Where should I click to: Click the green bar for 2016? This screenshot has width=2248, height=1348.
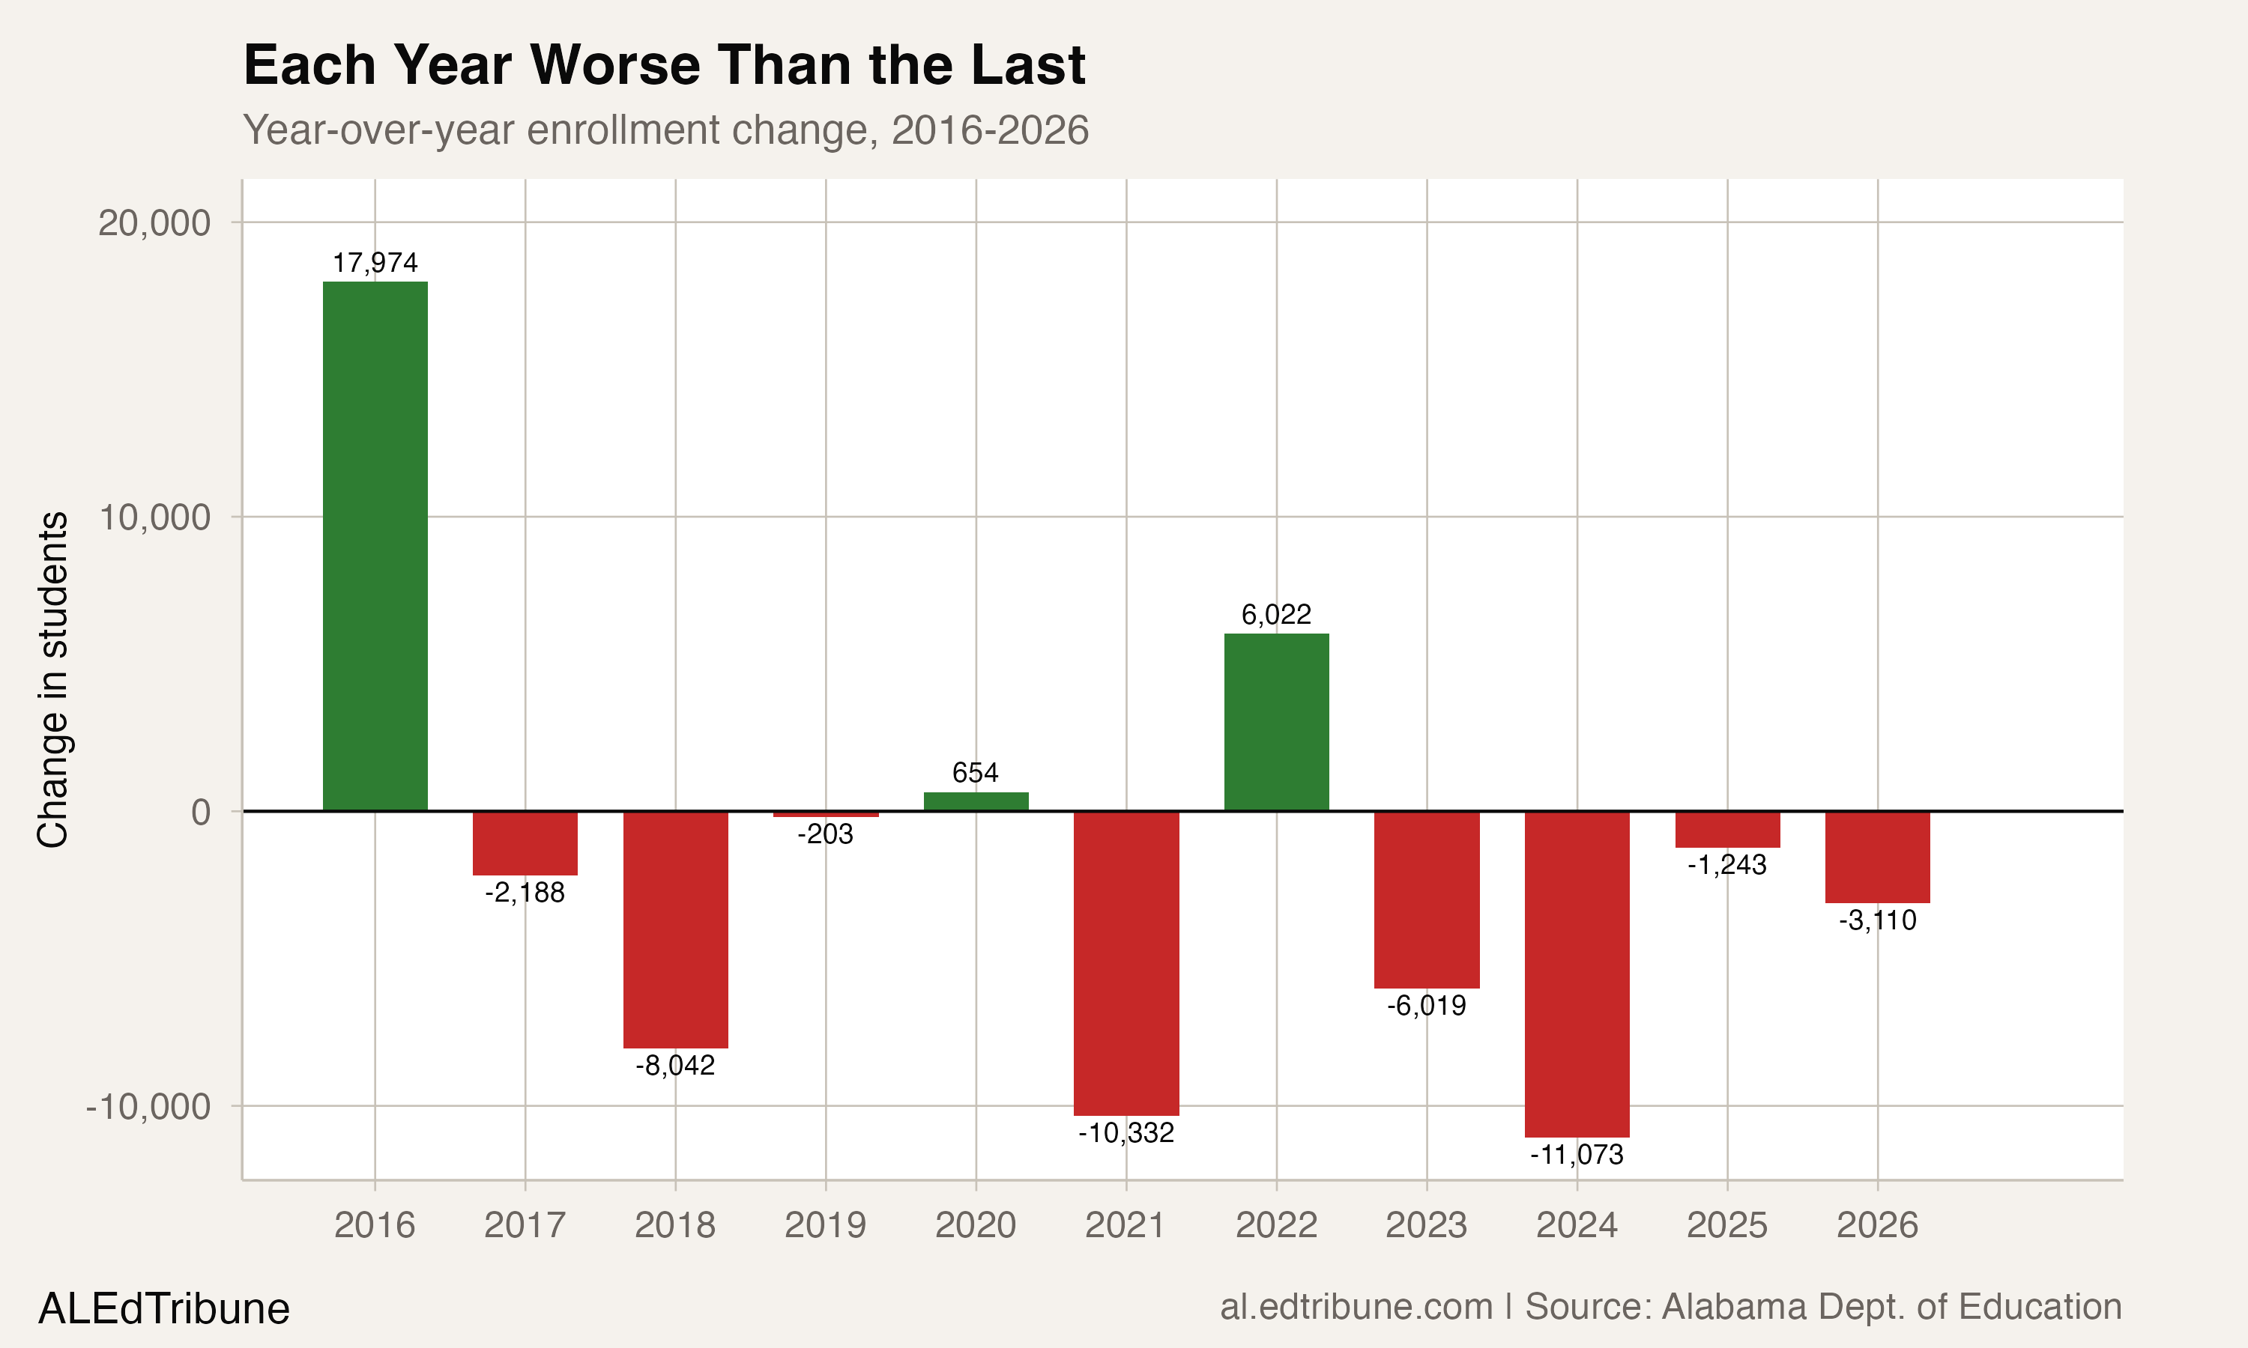tap(375, 545)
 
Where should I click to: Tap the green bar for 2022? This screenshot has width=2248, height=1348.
tap(1276, 722)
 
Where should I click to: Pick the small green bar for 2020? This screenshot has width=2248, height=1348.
tap(976, 801)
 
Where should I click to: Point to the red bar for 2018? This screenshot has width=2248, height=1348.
tap(675, 929)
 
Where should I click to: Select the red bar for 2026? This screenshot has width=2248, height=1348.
tap(1877, 857)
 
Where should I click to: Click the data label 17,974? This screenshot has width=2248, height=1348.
tap(375, 263)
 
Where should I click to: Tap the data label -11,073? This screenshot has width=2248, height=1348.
tap(1577, 1155)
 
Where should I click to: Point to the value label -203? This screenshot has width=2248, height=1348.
tap(825, 834)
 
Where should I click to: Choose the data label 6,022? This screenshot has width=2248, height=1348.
tap(1276, 615)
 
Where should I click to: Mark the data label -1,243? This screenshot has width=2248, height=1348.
tap(1726, 864)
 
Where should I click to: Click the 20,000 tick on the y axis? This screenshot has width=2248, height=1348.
tap(154, 222)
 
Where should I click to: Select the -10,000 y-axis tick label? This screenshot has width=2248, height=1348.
tap(148, 1106)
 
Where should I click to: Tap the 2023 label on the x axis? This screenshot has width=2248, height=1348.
tap(1426, 1224)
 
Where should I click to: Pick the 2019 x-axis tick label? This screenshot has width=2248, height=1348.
tap(825, 1224)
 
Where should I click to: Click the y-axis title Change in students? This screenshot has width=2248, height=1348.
tap(52, 678)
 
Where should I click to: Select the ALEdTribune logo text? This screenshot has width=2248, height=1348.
tap(163, 1309)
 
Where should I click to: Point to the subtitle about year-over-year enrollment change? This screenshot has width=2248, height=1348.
tap(665, 130)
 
